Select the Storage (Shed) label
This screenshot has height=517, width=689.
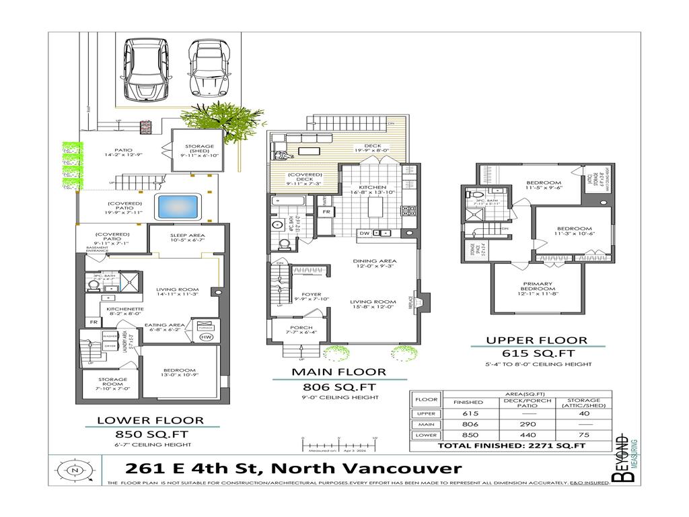199,150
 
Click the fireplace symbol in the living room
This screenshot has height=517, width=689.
417,302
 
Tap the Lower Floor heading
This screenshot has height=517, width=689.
150,421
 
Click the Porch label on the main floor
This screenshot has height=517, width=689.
297,328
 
